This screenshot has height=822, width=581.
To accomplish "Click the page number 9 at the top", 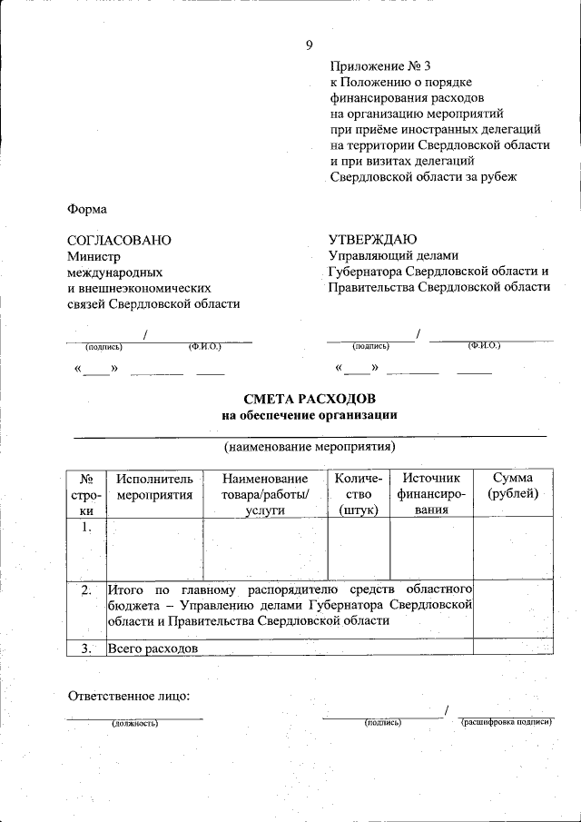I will click(x=309, y=45).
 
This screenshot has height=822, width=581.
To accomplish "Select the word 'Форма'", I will click(x=87, y=209).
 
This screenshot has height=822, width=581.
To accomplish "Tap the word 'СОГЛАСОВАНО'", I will click(x=119, y=241).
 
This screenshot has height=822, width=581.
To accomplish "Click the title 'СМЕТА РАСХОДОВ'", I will click(x=310, y=400).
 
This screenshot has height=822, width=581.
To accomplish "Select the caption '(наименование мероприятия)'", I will click(x=310, y=447).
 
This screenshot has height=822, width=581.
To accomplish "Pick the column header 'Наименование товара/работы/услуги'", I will click(x=265, y=494).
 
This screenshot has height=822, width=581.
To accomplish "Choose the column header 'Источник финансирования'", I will click(x=431, y=494).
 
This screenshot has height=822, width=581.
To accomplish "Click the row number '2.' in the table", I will click(x=85, y=591).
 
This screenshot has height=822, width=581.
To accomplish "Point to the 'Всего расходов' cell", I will click(x=153, y=649).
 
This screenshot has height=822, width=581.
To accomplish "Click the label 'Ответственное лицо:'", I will click(x=129, y=696).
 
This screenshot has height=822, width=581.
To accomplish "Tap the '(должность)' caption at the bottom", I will click(x=135, y=724).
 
